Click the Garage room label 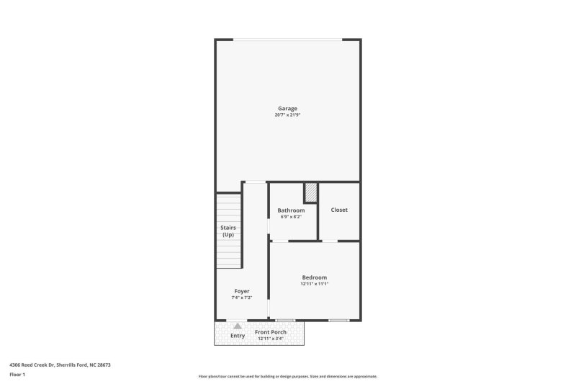click(x=287, y=109)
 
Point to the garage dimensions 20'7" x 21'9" click(x=287, y=115)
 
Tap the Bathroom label click(x=291, y=210)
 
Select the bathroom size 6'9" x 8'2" click(x=291, y=216)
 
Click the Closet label click(x=339, y=210)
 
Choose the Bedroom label click(x=314, y=277)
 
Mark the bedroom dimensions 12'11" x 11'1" click(x=314, y=284)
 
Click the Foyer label click(x=242, y=291)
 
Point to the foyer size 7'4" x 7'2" click(x=242, y=297)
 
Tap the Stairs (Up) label click(x=228, y=231)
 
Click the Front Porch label click(x=271, y=332)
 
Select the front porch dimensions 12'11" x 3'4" click(x=271, y=338)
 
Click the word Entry click(x=238, y=336)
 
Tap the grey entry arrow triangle click(x=238, y=326)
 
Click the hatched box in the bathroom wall click(x=311, y=192)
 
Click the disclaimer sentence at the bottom click(x=288, y=376)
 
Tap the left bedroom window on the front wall click(x=285, y=320)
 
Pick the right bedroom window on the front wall click(x=338, y=320)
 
